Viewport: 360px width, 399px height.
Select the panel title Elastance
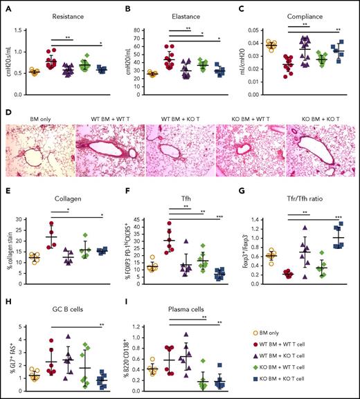click(x=185, y=13)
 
